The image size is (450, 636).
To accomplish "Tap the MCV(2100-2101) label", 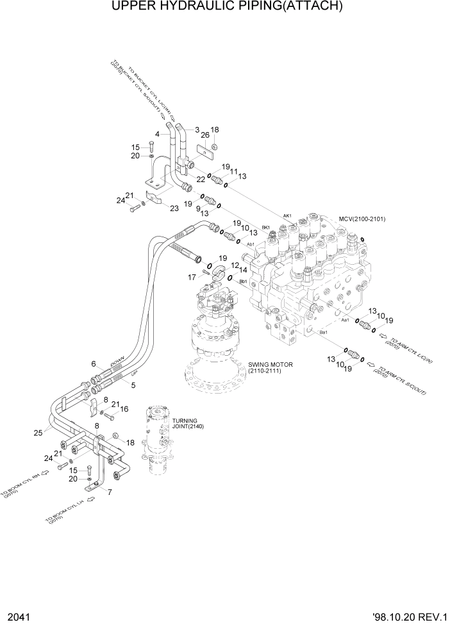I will coord(365,219).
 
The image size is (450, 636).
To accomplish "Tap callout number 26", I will coord(205,135).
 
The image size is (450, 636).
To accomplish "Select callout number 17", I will coord(191,277).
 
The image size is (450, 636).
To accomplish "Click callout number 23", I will coord(174,207).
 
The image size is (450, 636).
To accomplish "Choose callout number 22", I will coord(201,179).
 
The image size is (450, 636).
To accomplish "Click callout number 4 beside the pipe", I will coord(156,134).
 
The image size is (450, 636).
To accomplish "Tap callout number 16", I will coord(124,409).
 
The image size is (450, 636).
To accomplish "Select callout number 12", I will coord(235,264).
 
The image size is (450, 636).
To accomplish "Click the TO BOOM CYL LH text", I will coord(68,512).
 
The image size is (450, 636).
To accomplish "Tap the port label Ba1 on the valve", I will coord(323,332).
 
